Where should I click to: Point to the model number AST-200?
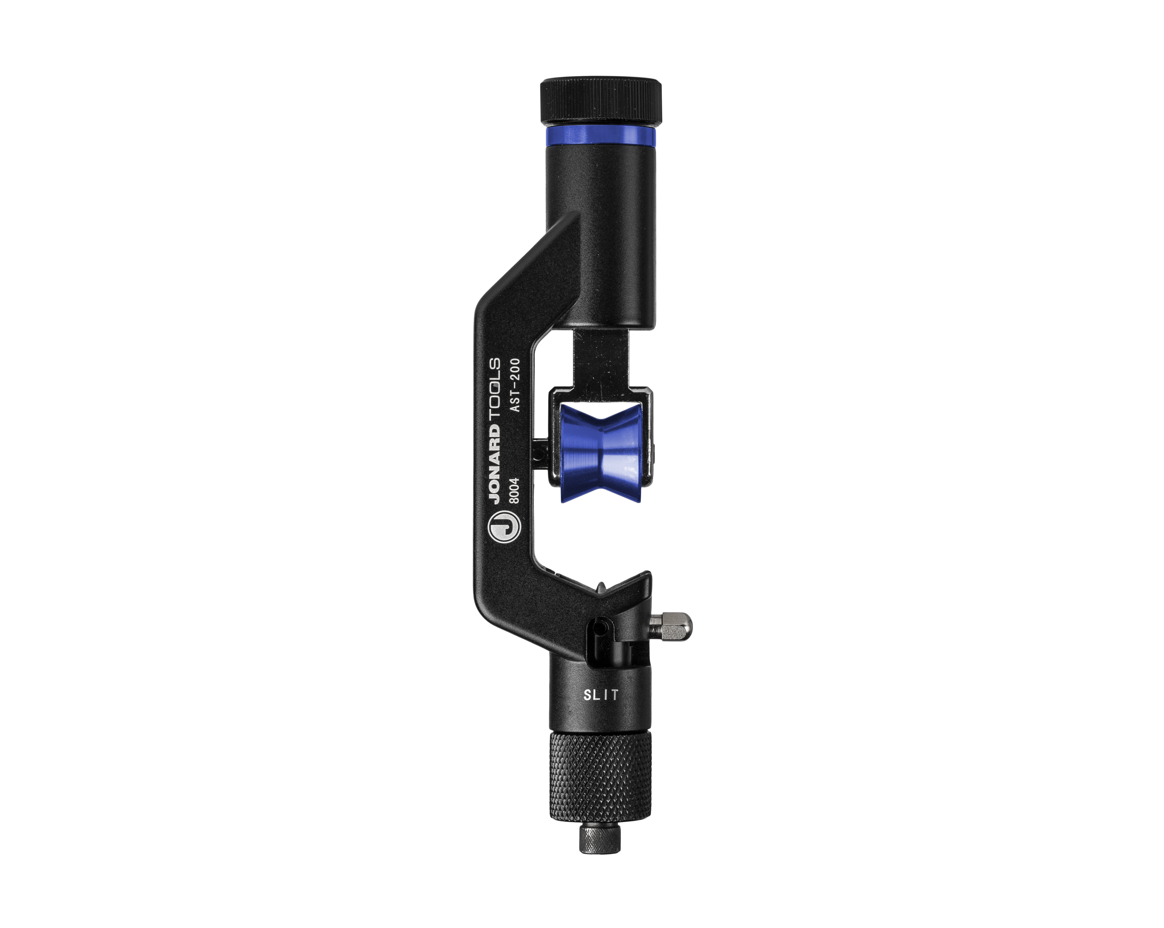tap(514, 385)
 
